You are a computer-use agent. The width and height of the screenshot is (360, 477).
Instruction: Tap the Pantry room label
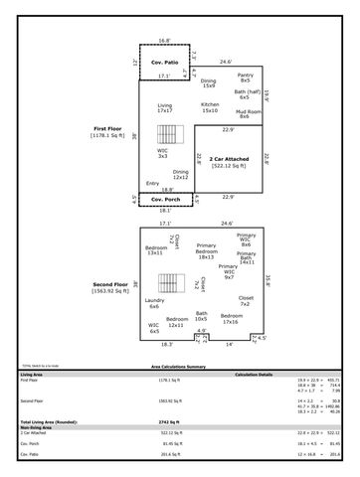[x=244, y=77]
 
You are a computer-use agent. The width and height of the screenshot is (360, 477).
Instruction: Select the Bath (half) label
[x=244, y=94]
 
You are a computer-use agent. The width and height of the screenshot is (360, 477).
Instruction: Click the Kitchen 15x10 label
[x=210, y=107]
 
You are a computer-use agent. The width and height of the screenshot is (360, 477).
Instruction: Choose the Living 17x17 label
[x=165, y=107]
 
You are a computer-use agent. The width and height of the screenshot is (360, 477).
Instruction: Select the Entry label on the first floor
[x=152, y=183]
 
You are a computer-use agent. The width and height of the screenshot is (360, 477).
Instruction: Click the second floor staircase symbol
[x=174, y=280]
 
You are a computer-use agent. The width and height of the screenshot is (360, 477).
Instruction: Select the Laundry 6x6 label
[x=154, y=303]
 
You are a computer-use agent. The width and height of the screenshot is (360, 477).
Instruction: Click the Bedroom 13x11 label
[x=155, y=249]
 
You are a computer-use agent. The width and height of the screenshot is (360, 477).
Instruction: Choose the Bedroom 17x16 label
[x=230, y=318]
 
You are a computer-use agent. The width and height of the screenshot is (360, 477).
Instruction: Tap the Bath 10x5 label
[x=201, y=316]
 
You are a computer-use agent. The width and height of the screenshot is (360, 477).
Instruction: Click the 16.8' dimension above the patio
[x=164, y=41]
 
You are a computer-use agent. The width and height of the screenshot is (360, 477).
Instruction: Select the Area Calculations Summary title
[x=179, y=367]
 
